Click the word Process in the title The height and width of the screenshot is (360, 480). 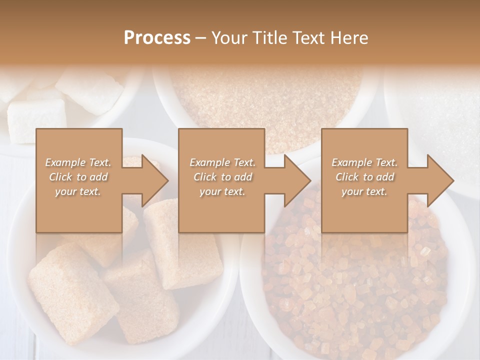click(x=157, y=38)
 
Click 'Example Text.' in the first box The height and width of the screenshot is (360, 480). click(x=78, y=162)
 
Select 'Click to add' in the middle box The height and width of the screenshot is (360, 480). click(x=222, y=177)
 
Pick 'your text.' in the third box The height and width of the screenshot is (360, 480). click(x=364, y=191)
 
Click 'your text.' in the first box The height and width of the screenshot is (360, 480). click(x=78, y=191)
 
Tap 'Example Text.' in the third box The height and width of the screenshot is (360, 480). click(x=364, y=162)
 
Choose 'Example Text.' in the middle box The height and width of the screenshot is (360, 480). click(x=222, y=162)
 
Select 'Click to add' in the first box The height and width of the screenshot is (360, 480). click(x=78, y=177)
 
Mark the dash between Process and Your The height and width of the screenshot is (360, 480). click(x=200, y=38)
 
